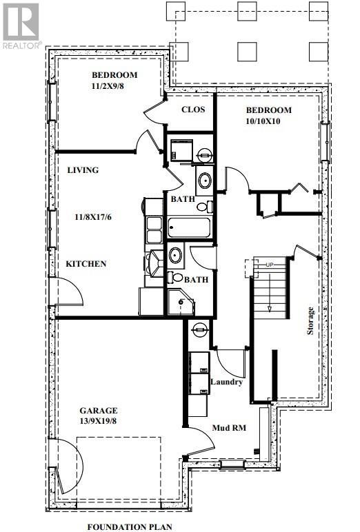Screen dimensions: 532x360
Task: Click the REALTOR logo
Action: tap(21, 24)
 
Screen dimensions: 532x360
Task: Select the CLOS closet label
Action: tap(192, 110)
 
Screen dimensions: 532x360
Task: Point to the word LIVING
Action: tap(83, 170)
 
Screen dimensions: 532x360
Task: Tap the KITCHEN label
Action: tap(86, 263)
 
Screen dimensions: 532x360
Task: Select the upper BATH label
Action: tap(181, 199)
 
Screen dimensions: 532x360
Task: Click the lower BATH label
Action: tap(197, 280)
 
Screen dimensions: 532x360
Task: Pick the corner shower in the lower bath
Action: tap(182, 302)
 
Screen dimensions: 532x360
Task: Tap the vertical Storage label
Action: tap(310, 320)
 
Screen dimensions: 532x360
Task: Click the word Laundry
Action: tap(226, 382)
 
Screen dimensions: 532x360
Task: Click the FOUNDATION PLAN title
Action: tap(130, 526)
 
